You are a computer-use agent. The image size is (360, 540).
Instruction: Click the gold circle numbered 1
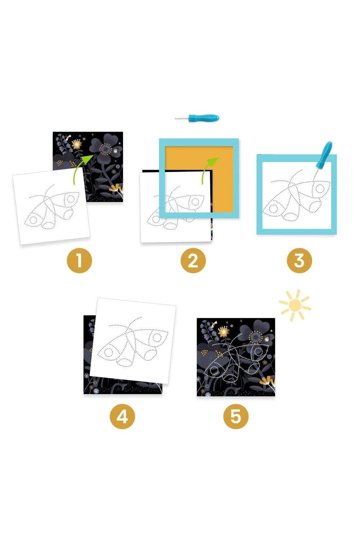tap(80, 261)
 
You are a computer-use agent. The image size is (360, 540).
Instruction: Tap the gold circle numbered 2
tap(193, 261)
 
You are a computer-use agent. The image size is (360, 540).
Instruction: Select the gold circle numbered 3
tap(299, 261)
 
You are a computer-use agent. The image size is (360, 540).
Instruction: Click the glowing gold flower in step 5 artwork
tap(224, 332)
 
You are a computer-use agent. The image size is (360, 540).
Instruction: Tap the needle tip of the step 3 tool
tap(313, 180)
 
